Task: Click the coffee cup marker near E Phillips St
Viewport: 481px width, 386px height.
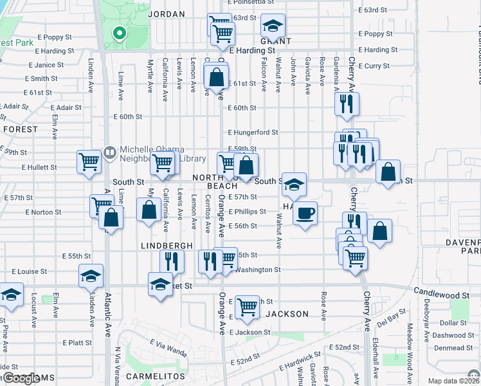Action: click(305, 212)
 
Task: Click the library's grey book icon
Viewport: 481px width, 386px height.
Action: click(109, 153)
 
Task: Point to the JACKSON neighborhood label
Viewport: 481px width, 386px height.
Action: click(287, 315)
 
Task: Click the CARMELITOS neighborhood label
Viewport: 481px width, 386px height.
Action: click(156, 376)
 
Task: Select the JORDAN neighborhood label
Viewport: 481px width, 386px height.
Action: click(166, 14)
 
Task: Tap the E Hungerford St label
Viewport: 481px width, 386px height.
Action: click(253, 133)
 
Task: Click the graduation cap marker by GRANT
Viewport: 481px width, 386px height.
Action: click(273, 26)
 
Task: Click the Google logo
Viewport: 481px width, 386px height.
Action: click(21, 378)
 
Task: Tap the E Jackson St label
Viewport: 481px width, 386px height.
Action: click(248, 333)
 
